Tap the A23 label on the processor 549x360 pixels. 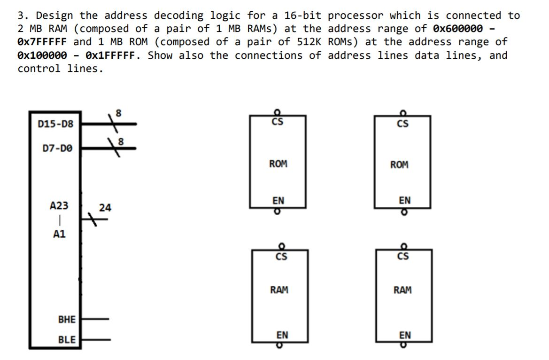(x=59, y=206)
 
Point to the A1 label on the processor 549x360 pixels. (x=59, y=235)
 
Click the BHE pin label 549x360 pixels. (x=67, y=319)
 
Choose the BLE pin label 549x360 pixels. (x=67, y=339)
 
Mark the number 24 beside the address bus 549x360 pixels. (x=105, y=207)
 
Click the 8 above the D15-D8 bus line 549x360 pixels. (x=118, y=113)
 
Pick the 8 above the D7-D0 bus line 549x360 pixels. (x=121, y=141)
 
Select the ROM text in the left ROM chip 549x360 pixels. (x=278, y=164)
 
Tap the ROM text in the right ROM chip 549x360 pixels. (x=399, y=164)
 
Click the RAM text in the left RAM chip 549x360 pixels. (x=279, y=290)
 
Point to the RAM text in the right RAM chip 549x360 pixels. (x=402, y=290)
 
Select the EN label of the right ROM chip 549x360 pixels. (x=404, y=201)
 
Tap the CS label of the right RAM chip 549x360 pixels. (x=402, y=257)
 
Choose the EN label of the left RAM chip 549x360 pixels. (x=282, y=335)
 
